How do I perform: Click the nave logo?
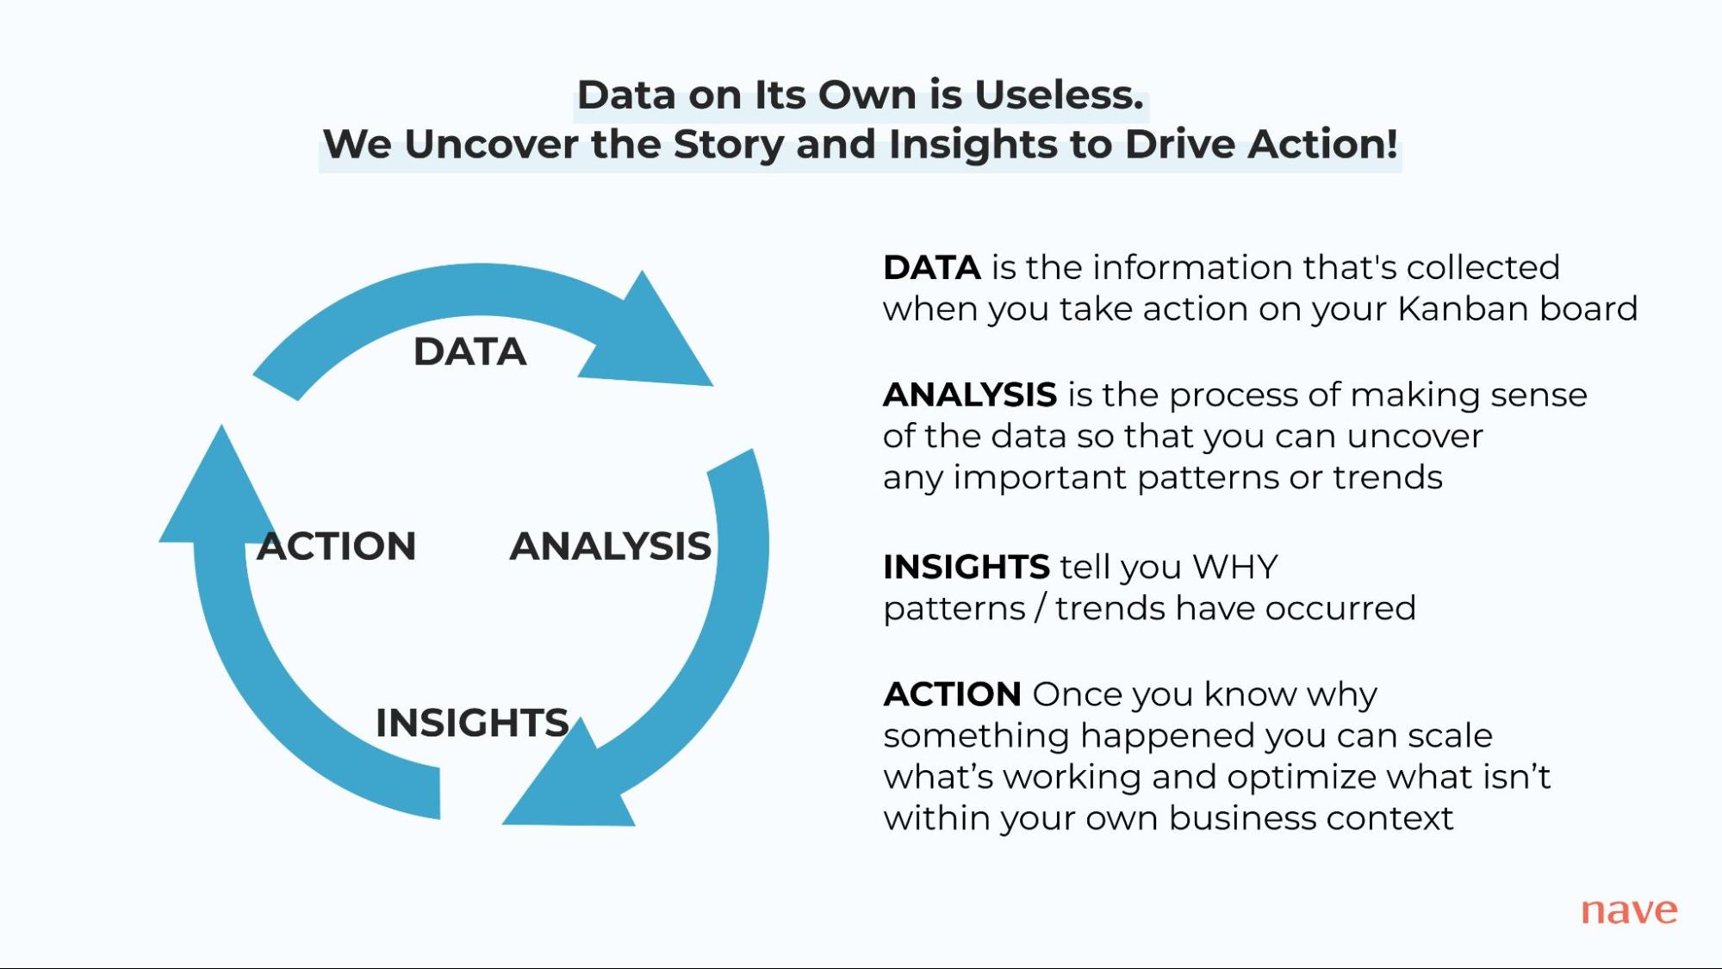(x=1628, y=910)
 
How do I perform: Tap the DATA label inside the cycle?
(x=469, y=351)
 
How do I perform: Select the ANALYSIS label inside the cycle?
(x=610, y=546)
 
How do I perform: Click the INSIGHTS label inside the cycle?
(x=472, y=723)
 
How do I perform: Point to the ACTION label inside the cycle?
(x=337, y=546)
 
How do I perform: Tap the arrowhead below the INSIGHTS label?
(x=573, y=788)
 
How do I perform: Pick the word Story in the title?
(x=728, y=144)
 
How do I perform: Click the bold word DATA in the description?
(x=931, y=268)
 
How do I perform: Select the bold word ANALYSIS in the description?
(x=969, y=395)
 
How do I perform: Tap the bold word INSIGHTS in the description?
(x=966, y=568)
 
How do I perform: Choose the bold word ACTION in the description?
(x=952, y=694)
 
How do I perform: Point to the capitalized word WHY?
(x=1234, y=568)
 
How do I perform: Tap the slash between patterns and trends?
(x=1040, y=608)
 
